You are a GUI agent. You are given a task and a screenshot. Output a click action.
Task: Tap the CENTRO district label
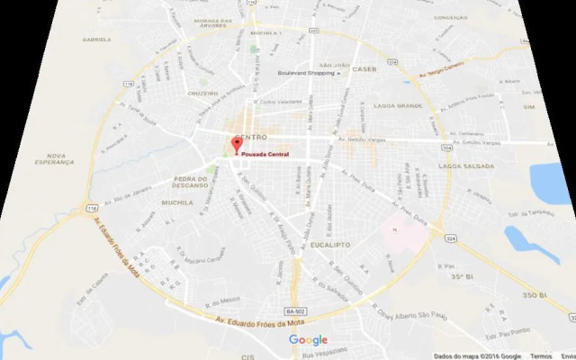tap(250, 139)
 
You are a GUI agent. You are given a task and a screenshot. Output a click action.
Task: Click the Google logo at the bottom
tap(308, 340)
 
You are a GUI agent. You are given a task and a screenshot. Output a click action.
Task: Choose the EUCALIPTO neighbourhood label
tap(328, 244)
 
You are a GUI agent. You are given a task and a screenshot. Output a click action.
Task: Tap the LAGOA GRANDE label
tap(403, 106)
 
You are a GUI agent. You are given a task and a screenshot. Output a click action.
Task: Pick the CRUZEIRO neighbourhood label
tap(202, 93)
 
